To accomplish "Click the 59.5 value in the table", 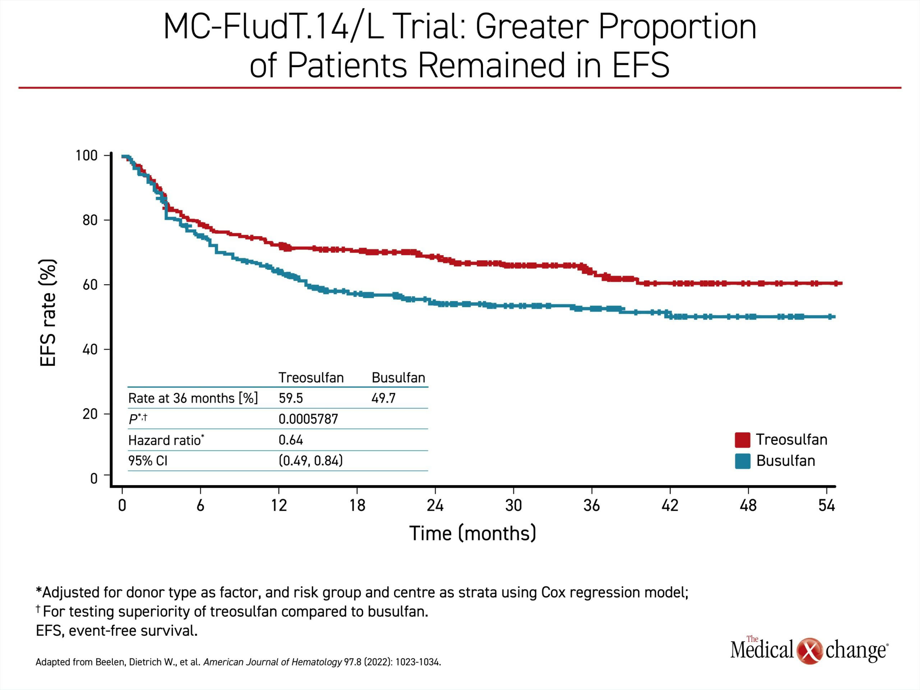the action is [291, 398].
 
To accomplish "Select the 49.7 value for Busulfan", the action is [383, 398].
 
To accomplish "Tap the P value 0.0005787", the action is [308, 419].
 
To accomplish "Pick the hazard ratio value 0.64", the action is [291, 440].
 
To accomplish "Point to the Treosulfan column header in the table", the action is [311, 378].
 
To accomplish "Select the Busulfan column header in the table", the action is [399, 378].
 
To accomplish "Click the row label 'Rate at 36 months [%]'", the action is [193, 398].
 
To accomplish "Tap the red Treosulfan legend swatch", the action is [742, 440].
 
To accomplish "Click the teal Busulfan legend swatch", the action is [742, 461].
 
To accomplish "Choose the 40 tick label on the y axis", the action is [90, 349].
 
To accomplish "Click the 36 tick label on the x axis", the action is [592, 505].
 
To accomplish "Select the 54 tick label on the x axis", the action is [827, 505].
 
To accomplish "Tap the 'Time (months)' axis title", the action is [473, 533].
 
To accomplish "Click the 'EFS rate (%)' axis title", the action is [48, 313].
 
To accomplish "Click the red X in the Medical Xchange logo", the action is [810, 650].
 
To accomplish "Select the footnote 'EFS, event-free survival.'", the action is [117, 631].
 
